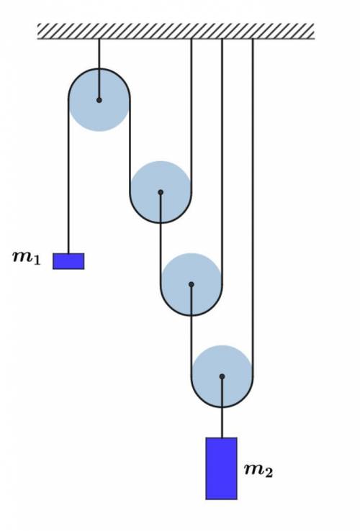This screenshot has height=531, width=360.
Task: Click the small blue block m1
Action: (x=68, y=261)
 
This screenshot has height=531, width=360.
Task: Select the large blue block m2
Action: (x=221, y=468)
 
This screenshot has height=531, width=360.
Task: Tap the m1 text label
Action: (x=27, y=258)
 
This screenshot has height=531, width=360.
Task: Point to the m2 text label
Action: (x=258, y=470)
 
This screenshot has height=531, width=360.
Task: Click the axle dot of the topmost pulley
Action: (x=99, y=100)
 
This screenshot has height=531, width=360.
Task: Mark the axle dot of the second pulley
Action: (x=161, y=192)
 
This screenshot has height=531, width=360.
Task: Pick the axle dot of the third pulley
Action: (x=192, y=284)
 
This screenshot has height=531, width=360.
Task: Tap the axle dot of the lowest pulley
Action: (x=222, y=376)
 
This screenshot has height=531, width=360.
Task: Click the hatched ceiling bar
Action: (x=176, y=31)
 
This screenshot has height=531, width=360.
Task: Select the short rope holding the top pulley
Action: (x=99, y=69)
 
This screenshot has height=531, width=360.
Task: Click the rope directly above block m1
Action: (x=68, y=176)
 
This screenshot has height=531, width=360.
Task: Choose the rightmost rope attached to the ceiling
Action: (x=253, y=207)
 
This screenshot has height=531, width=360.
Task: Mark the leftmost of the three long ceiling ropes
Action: (x=192, y=115)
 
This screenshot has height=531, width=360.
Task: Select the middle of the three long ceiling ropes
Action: (x=222, y=162)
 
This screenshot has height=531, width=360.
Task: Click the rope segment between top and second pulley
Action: (x=130, y=146)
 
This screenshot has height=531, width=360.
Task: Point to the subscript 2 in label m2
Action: (x=269, y=473)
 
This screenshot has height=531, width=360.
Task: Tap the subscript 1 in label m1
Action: (x=37, y=260)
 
